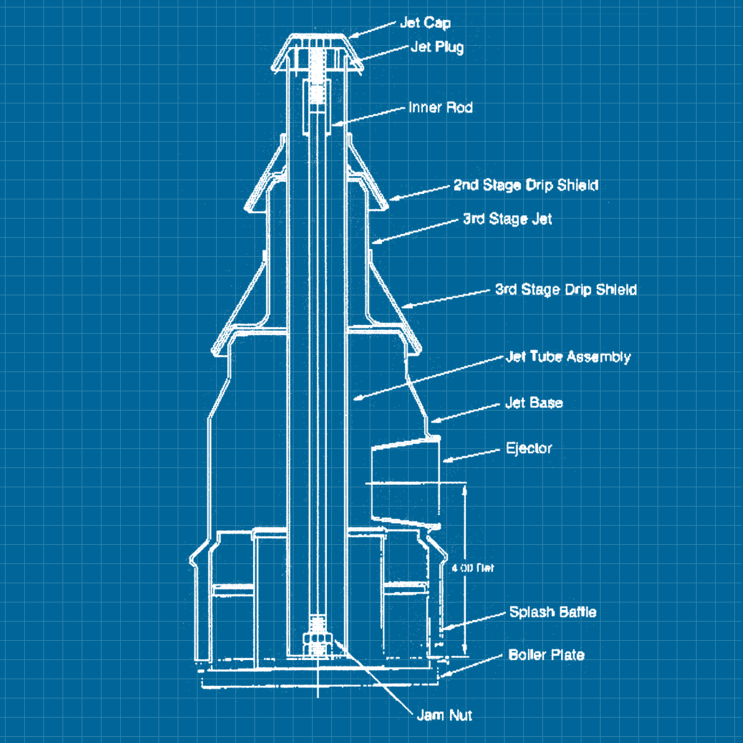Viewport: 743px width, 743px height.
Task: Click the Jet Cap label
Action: [x=425, y=24]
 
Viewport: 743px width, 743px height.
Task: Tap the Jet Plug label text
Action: [x=437, y=47]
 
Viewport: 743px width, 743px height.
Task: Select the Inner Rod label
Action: [x=440, y=108]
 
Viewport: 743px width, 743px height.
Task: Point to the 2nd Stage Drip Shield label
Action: [x=526, y=185]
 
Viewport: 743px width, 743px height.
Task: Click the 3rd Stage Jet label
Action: [x=507, y=219]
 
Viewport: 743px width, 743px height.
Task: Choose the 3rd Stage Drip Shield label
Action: [x=565, y=290]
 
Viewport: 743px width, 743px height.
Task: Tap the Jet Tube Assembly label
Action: [x=568, y=357]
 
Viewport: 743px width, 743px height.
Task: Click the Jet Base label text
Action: [x=534, y=403]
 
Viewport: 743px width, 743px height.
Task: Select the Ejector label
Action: [x=529, y=448]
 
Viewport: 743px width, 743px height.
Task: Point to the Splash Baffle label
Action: [x=552, y=612]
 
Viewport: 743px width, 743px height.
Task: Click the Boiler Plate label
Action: [x=546, y=655]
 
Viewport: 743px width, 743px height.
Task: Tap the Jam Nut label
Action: [x=444, y=716]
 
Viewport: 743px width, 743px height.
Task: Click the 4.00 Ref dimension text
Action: [x=472, y=568]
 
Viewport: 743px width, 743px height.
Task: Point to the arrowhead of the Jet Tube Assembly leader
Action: [x=356, y=399]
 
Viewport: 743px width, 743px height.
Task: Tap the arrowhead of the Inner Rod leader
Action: [x=334, y=125]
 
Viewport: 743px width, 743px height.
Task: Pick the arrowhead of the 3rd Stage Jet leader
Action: [x=373, y=242]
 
